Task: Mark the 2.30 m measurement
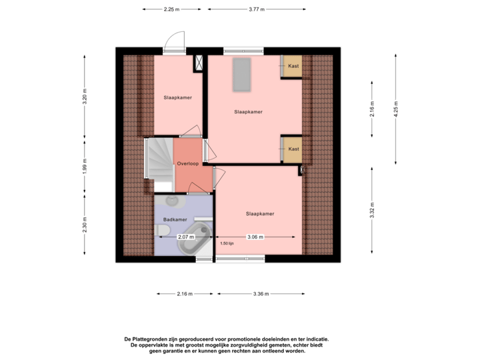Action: (x=84, y=226)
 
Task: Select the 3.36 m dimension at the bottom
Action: (x=261, y=293)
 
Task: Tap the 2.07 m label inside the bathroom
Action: (x=185, y=237)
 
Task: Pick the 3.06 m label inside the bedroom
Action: (x=255, y=237)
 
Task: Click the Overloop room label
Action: (x=187, y=163)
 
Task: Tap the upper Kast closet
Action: (x=293, y=66)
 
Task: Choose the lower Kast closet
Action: (x=293, y=149)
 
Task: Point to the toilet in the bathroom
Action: (x=161, y=231)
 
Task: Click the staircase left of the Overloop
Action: (x=159, y=160)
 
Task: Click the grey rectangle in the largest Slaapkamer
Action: (x=241, y=74)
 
